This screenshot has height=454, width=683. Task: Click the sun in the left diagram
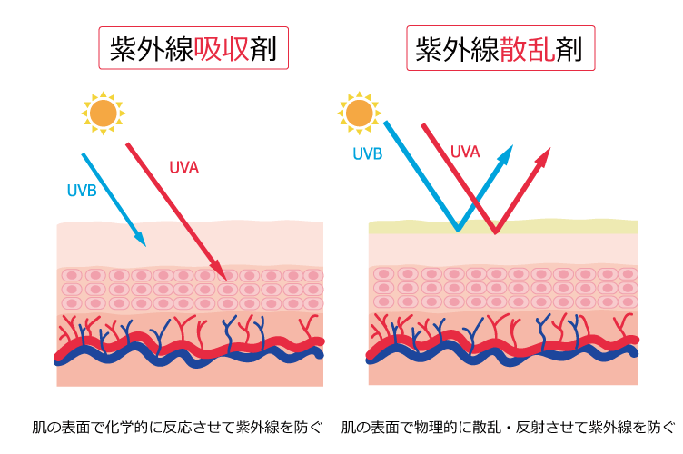[x=103, y=113]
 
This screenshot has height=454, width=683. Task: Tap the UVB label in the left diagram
[x=82, y=191]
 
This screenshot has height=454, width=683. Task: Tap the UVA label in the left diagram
[x=183, y=168]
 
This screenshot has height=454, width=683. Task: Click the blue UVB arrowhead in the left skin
[x=140, y=240]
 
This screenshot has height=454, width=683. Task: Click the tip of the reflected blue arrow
[x=510, y=150]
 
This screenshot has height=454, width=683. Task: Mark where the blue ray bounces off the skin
[x=457, y=229]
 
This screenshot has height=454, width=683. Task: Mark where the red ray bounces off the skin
[x=495, y=232]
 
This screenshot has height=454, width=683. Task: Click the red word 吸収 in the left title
[x=222, y=48]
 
